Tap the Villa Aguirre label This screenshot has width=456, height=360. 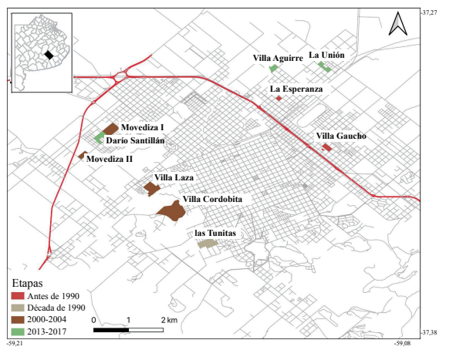pyautogui.click(x=276, y=58)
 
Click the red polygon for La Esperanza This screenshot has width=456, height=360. pyautogui.click(x=279, y=99)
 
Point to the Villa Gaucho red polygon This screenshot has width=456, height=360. pyautogui.click(x=326, y=147)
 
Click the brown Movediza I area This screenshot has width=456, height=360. pyautogui.click(x=110, y=129)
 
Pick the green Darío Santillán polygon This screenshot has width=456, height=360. pyautogui.click(x=99, y=136)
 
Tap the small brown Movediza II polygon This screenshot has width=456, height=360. pyautogui.click(x=81, y=155)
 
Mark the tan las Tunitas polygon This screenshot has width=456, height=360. pyautogui.click(x=206, y=244)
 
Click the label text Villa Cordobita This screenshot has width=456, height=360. pyautogui.click(x=212, y=200)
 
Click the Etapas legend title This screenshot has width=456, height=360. pyautogui.click(x=28, y=283)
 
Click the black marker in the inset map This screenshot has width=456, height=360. pyautogui.click(x=49, y=55)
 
